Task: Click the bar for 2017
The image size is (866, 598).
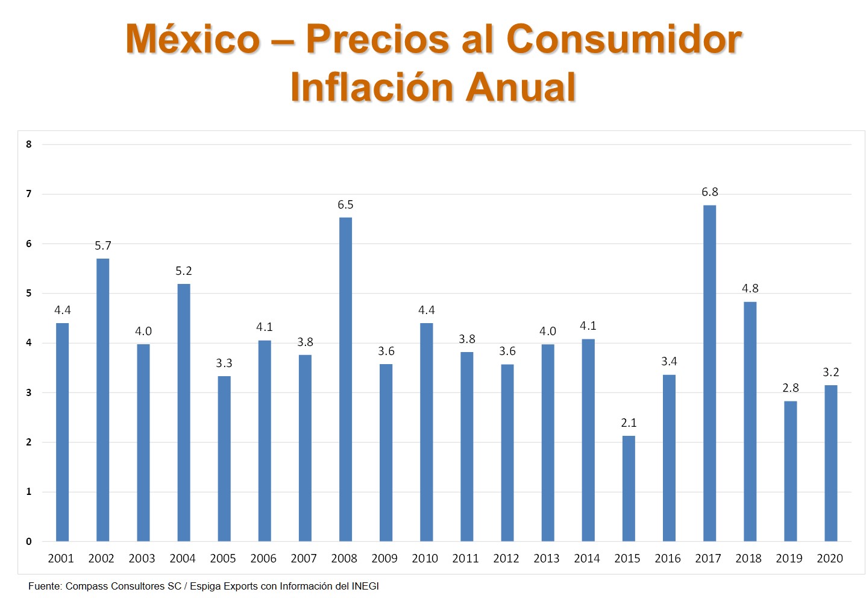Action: click(x=709, y=373)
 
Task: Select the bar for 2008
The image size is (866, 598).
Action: click(x=345, y=379)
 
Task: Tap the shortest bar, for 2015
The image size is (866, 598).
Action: click(x=628, y=488)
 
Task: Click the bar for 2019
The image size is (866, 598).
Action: click(x=790, y=471)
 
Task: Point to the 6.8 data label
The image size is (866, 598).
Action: click(x=709, y=192)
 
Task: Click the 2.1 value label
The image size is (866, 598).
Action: click(x=629, y=423)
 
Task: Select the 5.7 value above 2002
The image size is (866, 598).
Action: click(x=103, y=246)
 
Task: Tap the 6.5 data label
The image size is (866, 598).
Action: click(x=345, y=205)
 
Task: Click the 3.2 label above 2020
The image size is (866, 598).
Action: click(x=830, y=373)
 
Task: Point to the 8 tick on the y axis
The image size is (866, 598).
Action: click(x=29, y=144)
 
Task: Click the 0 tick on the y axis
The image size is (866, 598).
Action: click(x=29, y=541)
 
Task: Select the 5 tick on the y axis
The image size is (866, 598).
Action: click(x=29, y=294)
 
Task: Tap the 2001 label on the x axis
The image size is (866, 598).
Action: click(x=61, y=559)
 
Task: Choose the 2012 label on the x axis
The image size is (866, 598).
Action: click(x=506, y=559)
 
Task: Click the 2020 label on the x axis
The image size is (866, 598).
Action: click(x=829, y=559)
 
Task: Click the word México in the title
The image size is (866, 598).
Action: click(x=193, y=40)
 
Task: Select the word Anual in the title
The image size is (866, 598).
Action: click(x=521, y=88)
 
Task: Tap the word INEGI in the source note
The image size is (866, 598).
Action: click(x=365, y=587)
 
